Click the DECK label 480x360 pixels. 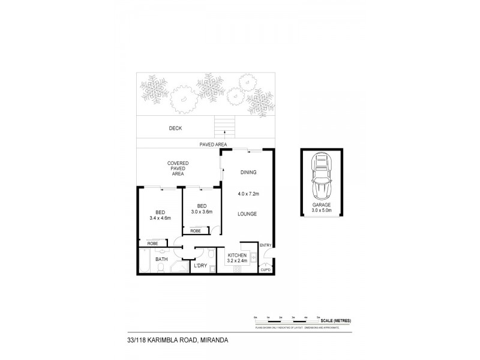175,128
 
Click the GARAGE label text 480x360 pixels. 322,205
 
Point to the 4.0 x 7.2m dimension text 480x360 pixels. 248,193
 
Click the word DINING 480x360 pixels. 248,172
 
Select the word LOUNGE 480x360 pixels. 247,214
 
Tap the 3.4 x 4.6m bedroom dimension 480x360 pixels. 160,218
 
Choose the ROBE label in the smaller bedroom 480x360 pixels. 196,231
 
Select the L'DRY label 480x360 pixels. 200,265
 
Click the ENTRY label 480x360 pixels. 266,245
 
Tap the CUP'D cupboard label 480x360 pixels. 266,269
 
